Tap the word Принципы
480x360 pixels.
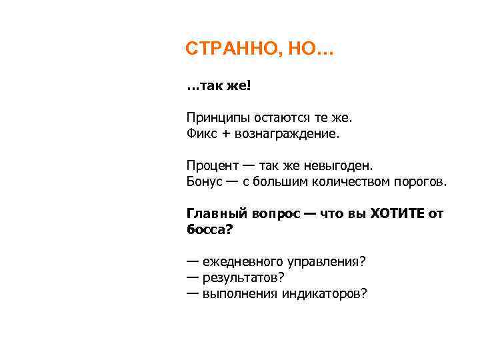pyautogui.click(x=215, y=118)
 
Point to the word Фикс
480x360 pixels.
pyautogui.click(x=201, y=134)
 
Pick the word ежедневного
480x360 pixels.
pyautogui.click(x=242, y=261)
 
